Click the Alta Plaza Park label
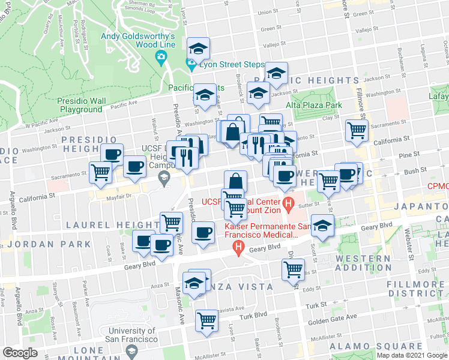pos(313,105)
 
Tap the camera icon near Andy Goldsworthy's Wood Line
pos(160,58)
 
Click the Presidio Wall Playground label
pos(80,106)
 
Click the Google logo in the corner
pos(20,353)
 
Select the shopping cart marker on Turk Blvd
pos(206,320)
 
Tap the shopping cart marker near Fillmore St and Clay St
pos(357,128)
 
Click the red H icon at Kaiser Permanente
pos(239,247)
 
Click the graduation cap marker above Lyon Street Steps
pos(197,48)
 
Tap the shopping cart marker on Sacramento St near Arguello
pos(100,173)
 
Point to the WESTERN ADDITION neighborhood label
pos(363,263)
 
